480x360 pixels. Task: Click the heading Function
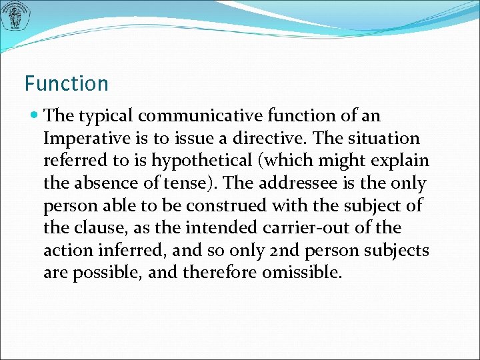coord(66,84)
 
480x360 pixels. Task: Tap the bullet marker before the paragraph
coord(35,116)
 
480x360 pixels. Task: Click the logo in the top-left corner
coord(15,16)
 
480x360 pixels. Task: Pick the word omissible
coord(301,273)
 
